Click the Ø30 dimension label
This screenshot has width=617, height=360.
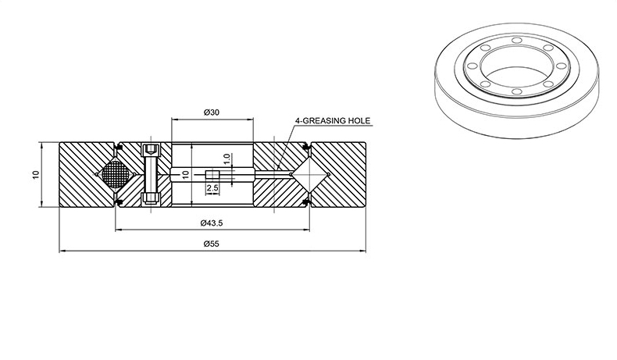pyautogui.click(x=212, y=112)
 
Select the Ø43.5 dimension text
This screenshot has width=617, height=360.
pyautogui.click(x=212, y=223)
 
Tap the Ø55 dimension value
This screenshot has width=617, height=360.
pyautogui.click(x=212, y=244)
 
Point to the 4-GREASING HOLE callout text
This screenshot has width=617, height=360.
pyautogui.click(x=333, y=120)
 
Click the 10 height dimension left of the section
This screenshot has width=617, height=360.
pyautogui.click(x=36, y=174)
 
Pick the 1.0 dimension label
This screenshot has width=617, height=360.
pyautogui.click(x=226, y=159)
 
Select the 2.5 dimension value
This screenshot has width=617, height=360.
pyautogui.click(x=212, y=188)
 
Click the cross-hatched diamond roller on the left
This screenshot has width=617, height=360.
pyautogui.click(x=116, y=174)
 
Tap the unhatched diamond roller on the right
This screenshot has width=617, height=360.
pyautogui.click(x=309, y=174)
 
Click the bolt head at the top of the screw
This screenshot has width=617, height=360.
pyautogui.click(x=151, y=149)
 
